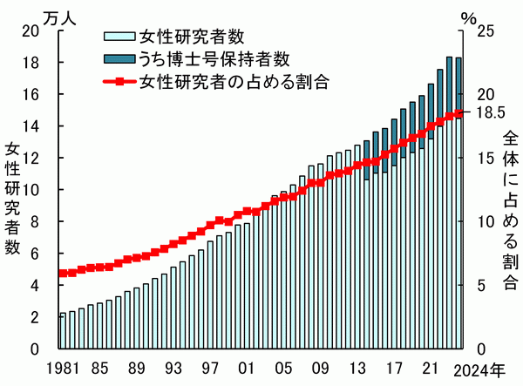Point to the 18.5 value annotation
click(x=489, y=112)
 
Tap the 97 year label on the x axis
click(x=209, y=368)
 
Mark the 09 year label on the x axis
click(x=322, y=368)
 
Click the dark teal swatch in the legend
click(x=118, y=58)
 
